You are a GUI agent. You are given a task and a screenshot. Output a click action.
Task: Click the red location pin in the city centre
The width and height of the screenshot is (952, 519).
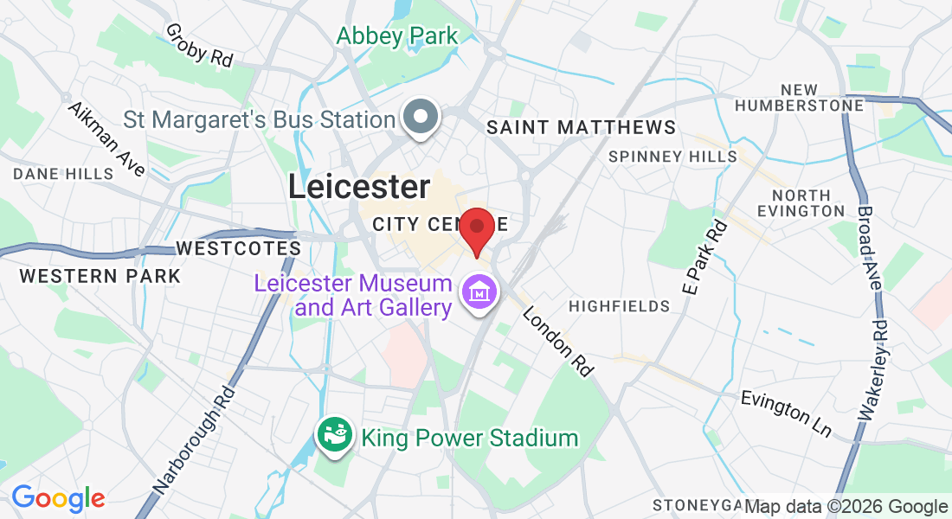[476, 228]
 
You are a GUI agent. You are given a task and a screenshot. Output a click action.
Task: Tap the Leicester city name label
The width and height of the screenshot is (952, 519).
[358, 187]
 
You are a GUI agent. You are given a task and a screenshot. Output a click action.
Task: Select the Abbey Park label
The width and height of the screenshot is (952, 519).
[397, 35]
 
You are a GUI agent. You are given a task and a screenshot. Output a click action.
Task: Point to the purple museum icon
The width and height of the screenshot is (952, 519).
[479, 292]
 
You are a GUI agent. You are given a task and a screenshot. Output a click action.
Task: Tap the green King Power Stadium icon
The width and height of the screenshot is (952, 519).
[334, 434]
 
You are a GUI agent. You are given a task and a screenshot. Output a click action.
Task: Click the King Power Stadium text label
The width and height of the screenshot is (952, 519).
[469, 438]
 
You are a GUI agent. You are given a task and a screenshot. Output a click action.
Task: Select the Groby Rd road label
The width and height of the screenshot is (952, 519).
[199, 45]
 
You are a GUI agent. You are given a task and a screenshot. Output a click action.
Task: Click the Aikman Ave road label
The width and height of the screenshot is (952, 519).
[107, 139]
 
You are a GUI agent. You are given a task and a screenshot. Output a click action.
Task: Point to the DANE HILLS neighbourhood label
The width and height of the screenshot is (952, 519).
[63, 174]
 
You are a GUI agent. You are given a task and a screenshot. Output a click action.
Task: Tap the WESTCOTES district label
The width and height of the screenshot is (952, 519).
[238, 248]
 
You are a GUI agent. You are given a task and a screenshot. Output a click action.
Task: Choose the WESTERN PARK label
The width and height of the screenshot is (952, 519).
[100, 276]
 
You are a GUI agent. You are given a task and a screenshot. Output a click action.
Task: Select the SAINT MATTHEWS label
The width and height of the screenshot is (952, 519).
[581, 128]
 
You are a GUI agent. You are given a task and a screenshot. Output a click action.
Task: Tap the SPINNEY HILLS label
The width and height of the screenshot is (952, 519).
[672, 157]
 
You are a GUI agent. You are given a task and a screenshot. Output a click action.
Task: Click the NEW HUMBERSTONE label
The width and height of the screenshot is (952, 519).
[798, 98]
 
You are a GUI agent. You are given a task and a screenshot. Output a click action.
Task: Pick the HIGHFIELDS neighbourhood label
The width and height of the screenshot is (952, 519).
[619, 306]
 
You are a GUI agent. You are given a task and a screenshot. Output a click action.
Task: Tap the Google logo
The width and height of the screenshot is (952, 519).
[58, 498]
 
